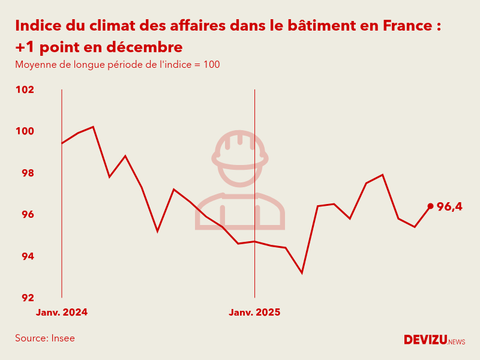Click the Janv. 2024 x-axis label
[x=62, y=313]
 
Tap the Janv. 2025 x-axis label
[x=254, y=313]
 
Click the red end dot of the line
[x=430, y=206]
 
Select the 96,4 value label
[x=449, y=207]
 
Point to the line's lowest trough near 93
[x=302, y=273]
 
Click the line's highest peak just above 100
[x=93, y=127]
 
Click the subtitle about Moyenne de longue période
[x=118, y=65]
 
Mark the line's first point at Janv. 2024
[x=62, y=143]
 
